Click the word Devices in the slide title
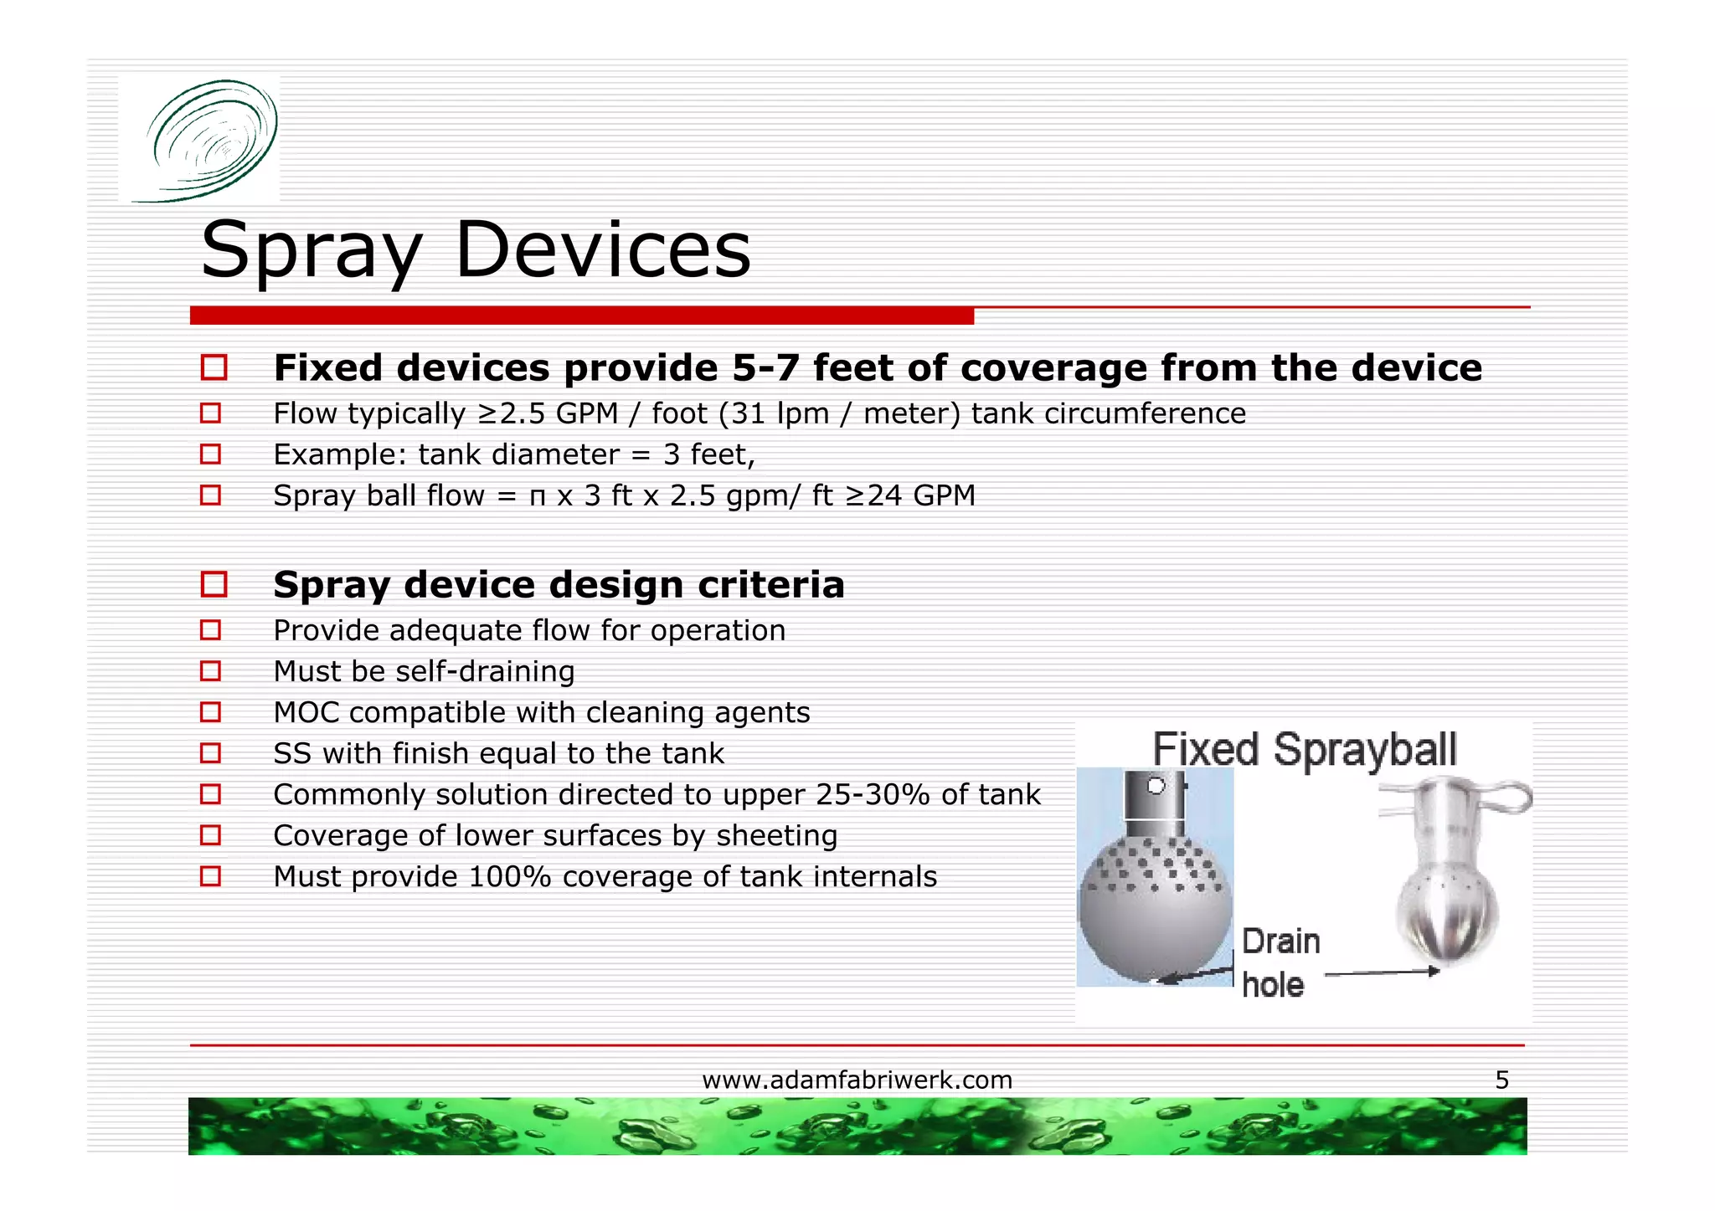point(602,250)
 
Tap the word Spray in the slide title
point(312,250)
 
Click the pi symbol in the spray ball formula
point(538,496)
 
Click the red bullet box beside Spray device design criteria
point(214,584)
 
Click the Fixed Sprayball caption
point(1305,749)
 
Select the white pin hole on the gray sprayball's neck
point(1156,786)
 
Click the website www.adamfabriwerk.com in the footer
point(857,1080)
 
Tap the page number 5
point(1501,1080)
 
